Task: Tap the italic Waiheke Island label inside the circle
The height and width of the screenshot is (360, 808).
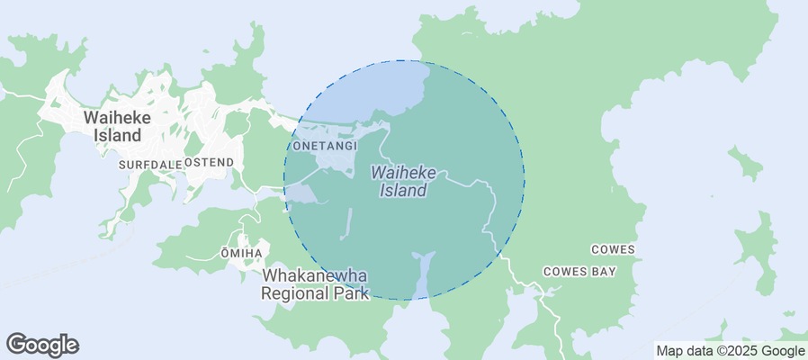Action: (403, 181)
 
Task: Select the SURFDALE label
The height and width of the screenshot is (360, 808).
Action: (149, 166)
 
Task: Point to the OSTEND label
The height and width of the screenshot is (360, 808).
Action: (210, 162)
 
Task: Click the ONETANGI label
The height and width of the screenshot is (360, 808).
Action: (326, 146)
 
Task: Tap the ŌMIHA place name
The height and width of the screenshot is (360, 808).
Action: (241, 254)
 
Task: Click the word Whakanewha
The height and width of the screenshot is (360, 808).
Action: (315, 276)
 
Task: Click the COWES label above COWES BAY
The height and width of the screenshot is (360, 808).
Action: (613, 249)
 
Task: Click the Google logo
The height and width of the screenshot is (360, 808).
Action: (42, 344)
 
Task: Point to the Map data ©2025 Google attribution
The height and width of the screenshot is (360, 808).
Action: (730, 351)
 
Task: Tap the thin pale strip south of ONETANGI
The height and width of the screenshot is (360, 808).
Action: (346, 224)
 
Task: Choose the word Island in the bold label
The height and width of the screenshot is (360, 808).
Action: (118, 135)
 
